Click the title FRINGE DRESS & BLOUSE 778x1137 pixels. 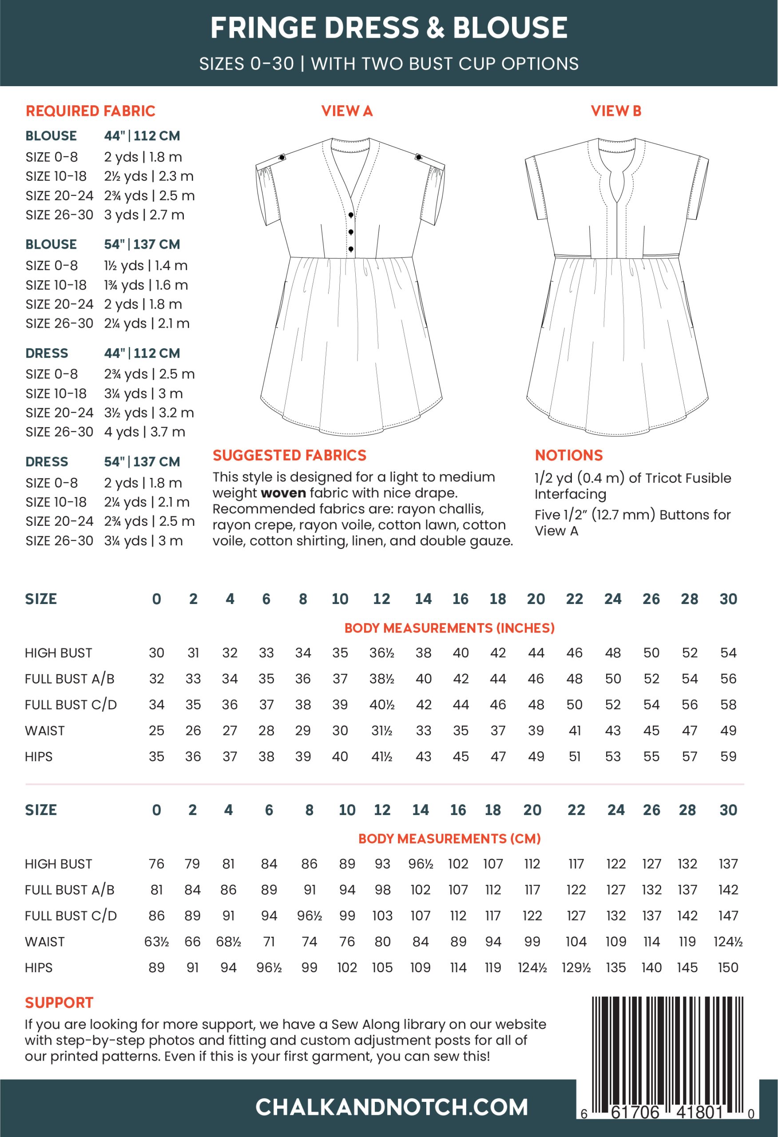click(389, 28)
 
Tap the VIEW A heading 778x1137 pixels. click(347, 111)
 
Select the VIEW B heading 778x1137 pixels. click(615, 111)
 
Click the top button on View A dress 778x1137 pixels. click(351, 215)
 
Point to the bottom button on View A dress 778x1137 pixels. click(351, 249)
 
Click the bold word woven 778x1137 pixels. click(283, 493)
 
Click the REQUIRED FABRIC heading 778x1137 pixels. click(91, 111)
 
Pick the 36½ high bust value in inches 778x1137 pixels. click(381, 652)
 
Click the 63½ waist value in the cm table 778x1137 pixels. click(157, 941)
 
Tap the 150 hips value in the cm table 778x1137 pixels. click(728, 967)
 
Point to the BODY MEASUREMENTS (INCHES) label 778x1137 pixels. click(449, 628)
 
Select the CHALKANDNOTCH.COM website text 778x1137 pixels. click(392, 1107)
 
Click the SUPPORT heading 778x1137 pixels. click(59, 1002)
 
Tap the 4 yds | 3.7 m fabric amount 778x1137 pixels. click(144, 432)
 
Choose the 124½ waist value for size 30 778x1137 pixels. click(728, 941)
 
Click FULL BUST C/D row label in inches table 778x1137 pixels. click(71, 704)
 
